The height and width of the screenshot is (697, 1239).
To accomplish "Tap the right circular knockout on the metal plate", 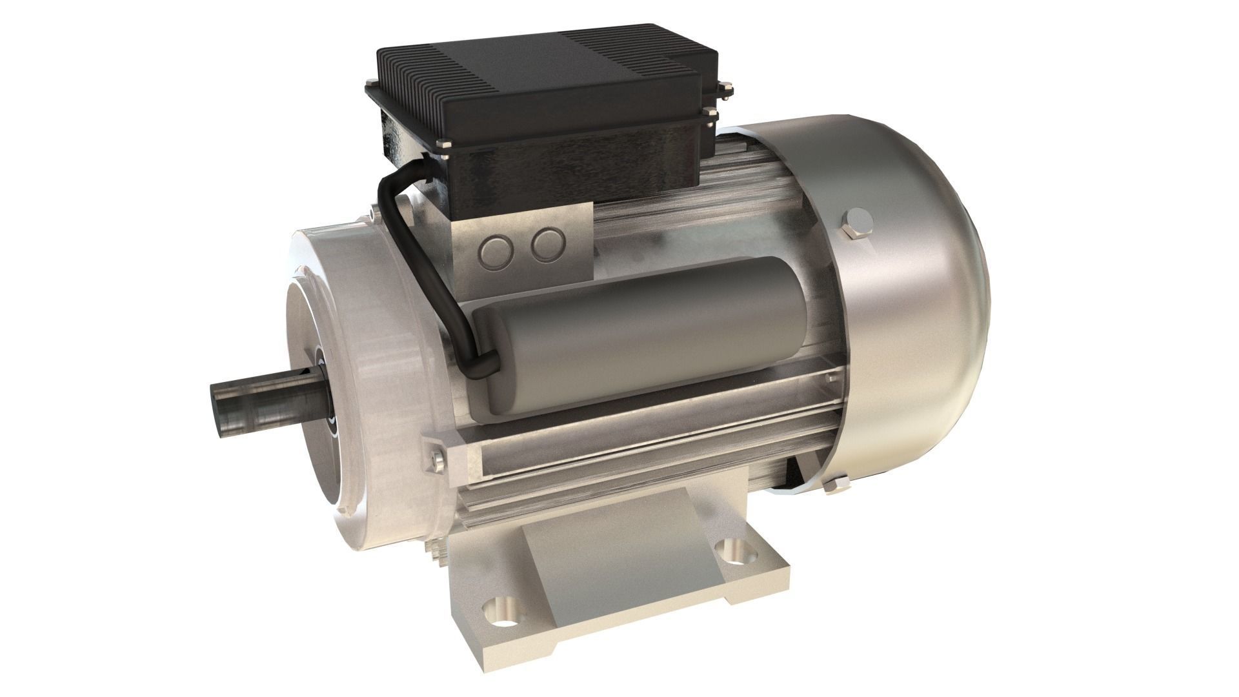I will pyautogui.click(x=549, y=243).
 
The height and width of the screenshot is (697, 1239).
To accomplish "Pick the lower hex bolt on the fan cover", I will pyautogui.click(x=835, y=485).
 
